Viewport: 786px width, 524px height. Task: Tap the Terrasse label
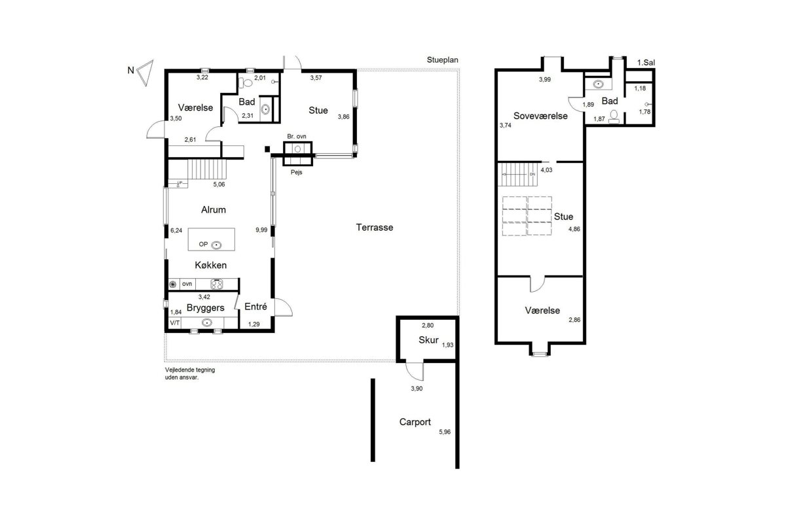pos(375,228)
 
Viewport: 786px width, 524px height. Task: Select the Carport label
pos(415,422)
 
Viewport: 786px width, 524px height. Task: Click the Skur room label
pos(428,340)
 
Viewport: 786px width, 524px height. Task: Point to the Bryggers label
pos(205,307)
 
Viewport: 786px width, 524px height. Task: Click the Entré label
pos(255,306)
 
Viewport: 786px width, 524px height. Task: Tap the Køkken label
pos(210,265)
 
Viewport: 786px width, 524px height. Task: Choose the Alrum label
pos(214,209)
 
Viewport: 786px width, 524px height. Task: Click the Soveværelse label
pos(540,116)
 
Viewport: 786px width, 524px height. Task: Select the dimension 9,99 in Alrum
pos(261,230)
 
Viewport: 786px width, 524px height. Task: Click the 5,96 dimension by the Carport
pos(445,432)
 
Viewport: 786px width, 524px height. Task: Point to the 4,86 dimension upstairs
pos(574,229)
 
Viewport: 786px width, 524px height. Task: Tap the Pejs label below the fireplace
pos(297,172)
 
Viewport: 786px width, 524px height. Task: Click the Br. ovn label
pos(297,136)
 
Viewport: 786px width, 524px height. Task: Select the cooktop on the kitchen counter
pos(217,284)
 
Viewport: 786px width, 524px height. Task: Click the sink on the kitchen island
pos(216,245)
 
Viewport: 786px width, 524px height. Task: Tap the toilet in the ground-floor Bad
pos(246,83)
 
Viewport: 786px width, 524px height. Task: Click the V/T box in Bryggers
pos(175,323)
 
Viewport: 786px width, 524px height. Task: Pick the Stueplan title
pos(443,60)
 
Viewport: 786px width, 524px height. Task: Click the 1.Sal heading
pos(646,63)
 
